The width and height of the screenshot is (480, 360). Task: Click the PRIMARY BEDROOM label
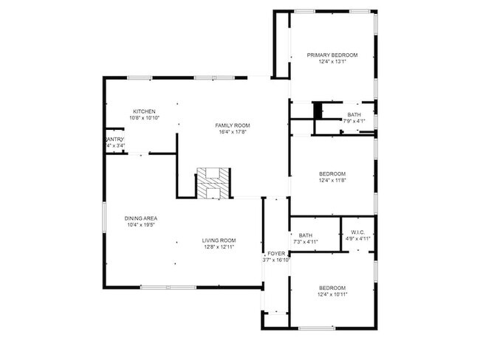pyautogui.click(x=332, y=55)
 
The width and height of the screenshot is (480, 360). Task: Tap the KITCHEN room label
pyautogui.click(x=144, y=111)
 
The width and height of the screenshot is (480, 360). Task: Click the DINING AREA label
pyautogui.click(x=140, y=218)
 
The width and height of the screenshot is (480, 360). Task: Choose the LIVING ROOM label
pyautogui.click(x=219, y=240)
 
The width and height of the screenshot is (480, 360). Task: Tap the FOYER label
pyautogui.click(x=276, y=254)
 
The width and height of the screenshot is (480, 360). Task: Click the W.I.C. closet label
pyautogui.click(x=358, y=232)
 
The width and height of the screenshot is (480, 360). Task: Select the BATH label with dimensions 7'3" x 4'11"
pyautogui.click(x=306, y=235)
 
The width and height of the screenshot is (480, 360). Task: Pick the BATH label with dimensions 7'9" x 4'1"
pyautogui.click(x=354, y=114)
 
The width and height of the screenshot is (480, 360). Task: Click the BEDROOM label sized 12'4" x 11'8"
pyautogui.click(x=332, y=174)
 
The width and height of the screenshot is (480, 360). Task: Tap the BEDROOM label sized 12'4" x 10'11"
pyautogui.click(x=332, y=288)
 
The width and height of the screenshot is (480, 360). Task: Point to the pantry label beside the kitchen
pyautogui.click(x=115, y=139)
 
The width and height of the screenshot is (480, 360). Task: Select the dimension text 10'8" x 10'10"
pyautogui.click(x=144, y=118)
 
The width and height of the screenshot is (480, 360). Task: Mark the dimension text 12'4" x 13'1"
pyautogui.click(x=332, y=62)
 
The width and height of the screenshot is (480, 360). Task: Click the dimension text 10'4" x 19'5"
pyautogui.click(x=140, y=225)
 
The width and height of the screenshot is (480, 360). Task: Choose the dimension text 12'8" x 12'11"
pyautogui.click(x=219, y=247)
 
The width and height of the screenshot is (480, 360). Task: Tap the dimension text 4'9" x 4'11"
pyautogui.click(x=358, y=238)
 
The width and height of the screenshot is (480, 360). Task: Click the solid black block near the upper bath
pyautogui.click(x=318, y=110)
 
